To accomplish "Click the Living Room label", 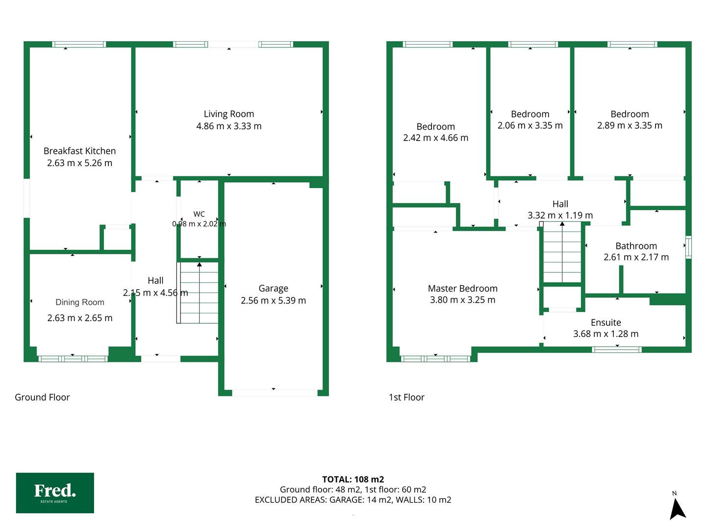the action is pyautogui.click(x=228, y=114).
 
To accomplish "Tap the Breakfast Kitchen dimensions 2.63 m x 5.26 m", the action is pyautogui.click(x=80, y=163).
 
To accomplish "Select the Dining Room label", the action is pyautogui.click(x=80, y=302).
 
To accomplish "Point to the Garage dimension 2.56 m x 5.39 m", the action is pyautogui.click(x=273, y=301).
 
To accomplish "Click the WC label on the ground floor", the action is pyautogui.click(x=199, y=214).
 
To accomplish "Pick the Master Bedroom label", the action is pyautogui.click(x=462, y=289).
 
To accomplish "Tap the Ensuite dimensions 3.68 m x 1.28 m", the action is pyautogui.click(x=605, y=334).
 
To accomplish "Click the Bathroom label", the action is pyautogui.click(x=636, y=246).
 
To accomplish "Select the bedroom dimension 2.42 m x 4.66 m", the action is pyautogui.click(x=435, y=138).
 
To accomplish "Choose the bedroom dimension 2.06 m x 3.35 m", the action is pyautogui.click(x=530, y=125).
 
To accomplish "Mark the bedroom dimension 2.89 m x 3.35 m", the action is pyautogui.click(x=630, y=125).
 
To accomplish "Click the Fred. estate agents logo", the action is pyautogui.click(x=55, y=493).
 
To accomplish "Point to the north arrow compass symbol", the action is pyautogui.click(x=677, y=506).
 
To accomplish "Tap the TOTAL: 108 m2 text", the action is pyautogui.click(x=353, y=480).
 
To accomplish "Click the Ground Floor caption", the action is pyautogui.click(x=42, y=397).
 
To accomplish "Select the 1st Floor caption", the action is pyautogui.click(x=406, y=398).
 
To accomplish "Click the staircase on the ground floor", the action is pyautogui.click(x=198, y=293).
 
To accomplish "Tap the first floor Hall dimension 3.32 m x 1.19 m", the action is pyautogui.click(x=560, y=216).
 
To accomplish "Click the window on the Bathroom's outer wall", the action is pyautogui.click(x=688, y=247).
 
